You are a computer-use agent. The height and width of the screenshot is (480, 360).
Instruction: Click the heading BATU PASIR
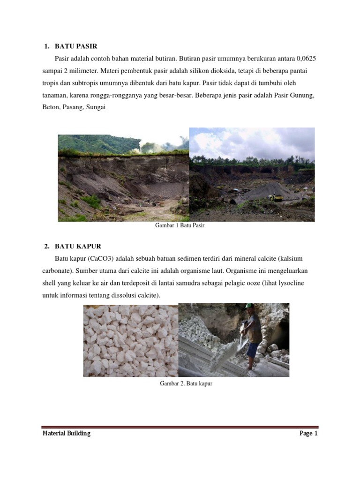click(x=76, y=46)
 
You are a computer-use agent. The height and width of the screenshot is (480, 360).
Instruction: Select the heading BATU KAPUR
click(x=78, y=246)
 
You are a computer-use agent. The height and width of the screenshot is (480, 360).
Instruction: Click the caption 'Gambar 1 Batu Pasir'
click(x=180, y=225)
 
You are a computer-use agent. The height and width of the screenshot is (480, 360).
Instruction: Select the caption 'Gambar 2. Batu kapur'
click(x=186, y=383)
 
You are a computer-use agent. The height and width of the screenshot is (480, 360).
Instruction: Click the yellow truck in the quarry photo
click(x=275, y=197)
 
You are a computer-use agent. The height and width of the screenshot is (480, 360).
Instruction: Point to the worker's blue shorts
click(x=253, y=350)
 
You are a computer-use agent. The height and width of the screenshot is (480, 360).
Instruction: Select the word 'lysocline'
click(x=291, y=283)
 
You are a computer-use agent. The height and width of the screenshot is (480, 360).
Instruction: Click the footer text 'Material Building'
click(x=67, y=433)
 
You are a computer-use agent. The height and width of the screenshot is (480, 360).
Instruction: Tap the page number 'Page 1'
click(x=308, y=433)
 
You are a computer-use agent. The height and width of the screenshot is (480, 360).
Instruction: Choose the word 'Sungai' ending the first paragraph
click(x=96, y=107)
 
